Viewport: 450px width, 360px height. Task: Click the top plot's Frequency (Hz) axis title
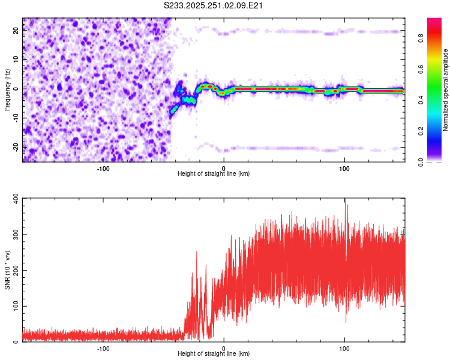(7, 90)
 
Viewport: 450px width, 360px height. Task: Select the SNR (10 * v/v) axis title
(7, 270)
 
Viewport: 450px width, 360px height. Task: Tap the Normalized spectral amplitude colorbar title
(446, 90)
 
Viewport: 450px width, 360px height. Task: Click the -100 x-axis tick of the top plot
(103, 168)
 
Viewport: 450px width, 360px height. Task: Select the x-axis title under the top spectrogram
(214, 174)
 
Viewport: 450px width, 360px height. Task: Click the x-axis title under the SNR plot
(214, 354)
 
